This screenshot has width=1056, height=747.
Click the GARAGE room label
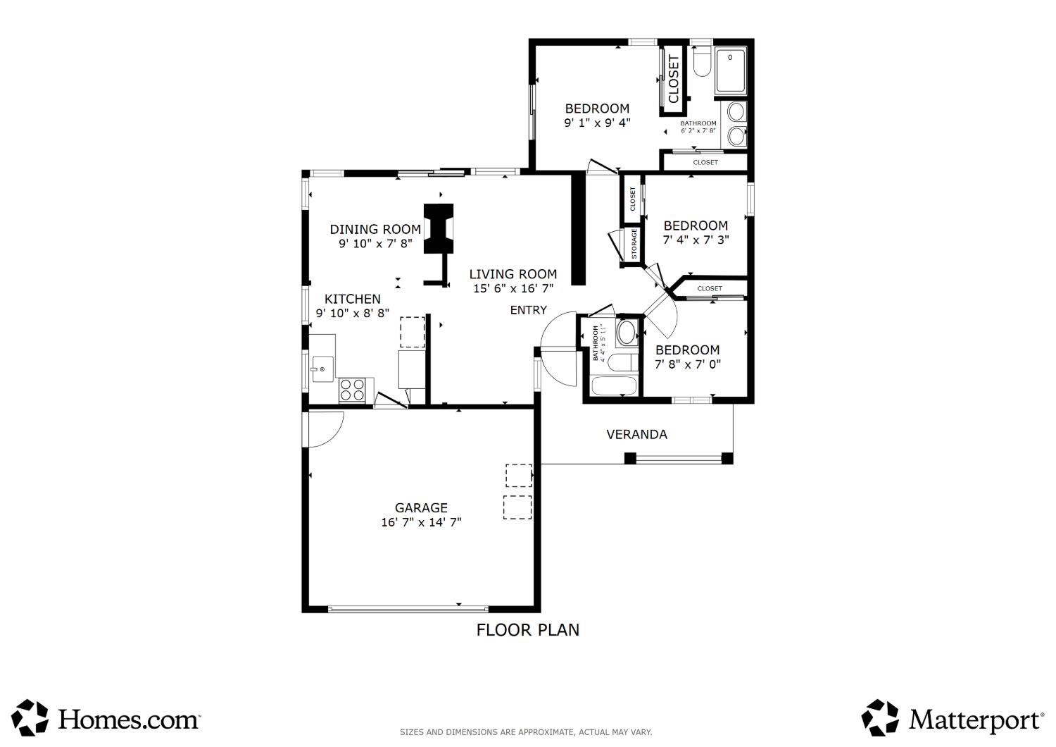[x=421, y=508]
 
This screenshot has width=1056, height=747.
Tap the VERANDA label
[x=636, y=435]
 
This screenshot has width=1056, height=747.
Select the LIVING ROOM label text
[x=513, y=274]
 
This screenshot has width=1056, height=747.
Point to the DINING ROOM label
[x=375, y=229]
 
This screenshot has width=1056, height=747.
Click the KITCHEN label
[x=352, y=300]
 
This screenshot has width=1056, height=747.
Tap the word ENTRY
[x=529, y=310]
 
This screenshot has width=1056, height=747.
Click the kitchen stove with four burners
[x=352, y=390]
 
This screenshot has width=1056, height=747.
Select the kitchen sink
[x=322, y=369]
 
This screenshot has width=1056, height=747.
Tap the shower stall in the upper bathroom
[x=730, y=70]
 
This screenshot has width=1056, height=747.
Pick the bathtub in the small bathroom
[x=614, y=385]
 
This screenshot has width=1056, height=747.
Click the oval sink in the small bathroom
[x=627, y=333]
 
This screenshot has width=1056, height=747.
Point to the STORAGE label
[x=634, y=244]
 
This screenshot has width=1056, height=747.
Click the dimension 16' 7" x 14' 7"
[x=421, y=522]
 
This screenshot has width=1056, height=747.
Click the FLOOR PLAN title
[x=527, y=630]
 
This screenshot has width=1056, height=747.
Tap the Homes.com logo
[x=106, y=719]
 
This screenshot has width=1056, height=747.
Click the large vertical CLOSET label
[x=673, y=79]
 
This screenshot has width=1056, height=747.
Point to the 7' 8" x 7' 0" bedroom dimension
[x=688, y=364]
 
